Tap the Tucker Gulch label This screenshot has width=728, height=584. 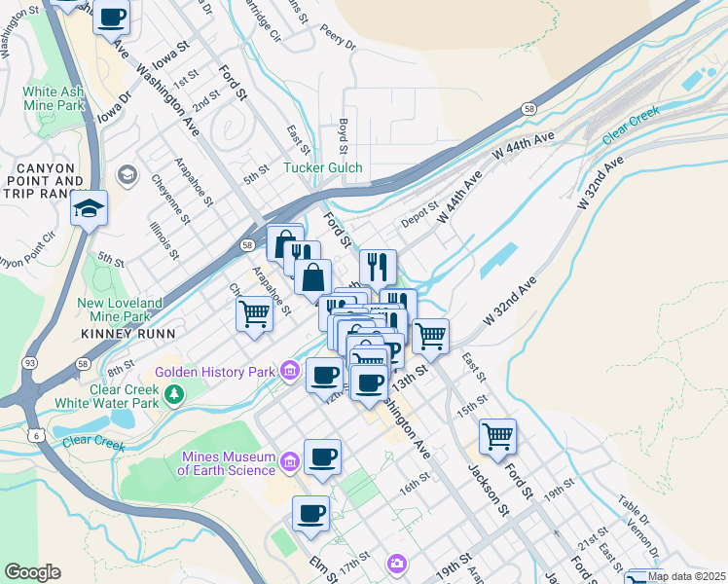point(322,168)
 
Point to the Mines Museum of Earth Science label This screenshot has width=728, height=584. point(228,463)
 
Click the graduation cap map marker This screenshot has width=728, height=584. point(89,208)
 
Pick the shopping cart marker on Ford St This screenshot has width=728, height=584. point(497,437)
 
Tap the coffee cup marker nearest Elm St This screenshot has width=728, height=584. point(310,513)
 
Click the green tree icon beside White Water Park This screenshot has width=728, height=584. point(174,394)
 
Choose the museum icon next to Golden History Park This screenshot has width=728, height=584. point(289,370)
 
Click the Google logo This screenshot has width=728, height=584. point(32,572)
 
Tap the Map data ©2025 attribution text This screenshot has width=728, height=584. point(685,576)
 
